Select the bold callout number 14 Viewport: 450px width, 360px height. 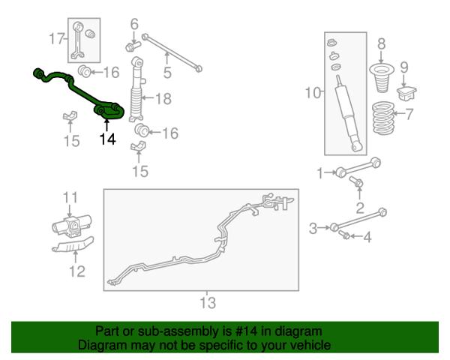point(107,139)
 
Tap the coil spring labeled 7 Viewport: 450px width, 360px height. point(382,118)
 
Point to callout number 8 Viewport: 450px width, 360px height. point(381,44)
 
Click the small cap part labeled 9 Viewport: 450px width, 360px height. point(406,93)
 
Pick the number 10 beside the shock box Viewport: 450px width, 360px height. point(313,93)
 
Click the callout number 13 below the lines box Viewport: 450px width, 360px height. point(208,302)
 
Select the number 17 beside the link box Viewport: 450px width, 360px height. point(56,38)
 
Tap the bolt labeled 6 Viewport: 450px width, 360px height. point(133,46)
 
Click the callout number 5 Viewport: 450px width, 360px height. point(167,72)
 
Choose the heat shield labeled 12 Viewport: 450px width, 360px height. point(73,245)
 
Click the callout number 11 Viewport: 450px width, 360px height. point(70,197)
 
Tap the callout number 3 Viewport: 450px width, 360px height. point(313,229)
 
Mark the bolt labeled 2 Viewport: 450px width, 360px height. point(355,181)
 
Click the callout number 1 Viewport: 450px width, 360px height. point(320,173)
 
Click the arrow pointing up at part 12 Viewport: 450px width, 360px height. point(76,256)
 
